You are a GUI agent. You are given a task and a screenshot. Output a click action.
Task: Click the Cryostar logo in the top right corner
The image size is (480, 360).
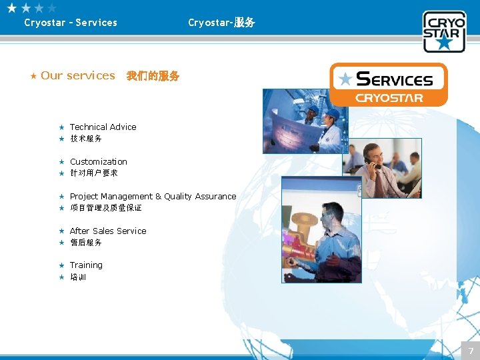coord(443,31)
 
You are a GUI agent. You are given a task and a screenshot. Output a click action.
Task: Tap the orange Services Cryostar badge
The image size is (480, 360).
coord(389,85)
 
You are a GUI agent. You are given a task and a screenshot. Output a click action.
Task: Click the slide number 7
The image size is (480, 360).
coord(470,351)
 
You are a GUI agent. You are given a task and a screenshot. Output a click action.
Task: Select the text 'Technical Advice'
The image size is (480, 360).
coord(103,127)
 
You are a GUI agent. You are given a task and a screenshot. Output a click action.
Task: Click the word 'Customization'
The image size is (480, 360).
coord(98,161)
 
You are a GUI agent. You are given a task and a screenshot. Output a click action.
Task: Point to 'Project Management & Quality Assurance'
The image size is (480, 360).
coord(153,196)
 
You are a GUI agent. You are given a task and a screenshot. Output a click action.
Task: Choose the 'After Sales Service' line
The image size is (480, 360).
coord(108,231)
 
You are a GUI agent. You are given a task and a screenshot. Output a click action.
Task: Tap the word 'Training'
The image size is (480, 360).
coord(86,265)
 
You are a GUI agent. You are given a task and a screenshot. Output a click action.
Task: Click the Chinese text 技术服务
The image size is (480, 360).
coord(86,139)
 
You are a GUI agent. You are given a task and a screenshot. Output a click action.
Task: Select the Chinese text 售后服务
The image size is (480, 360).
coord(86,243)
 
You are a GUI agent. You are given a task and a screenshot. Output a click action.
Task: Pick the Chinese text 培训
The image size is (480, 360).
coord(78,277)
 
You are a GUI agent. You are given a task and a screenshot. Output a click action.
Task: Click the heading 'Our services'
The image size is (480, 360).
coord(78,75)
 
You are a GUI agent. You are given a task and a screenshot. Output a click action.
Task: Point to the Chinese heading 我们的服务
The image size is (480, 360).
coord(153,76)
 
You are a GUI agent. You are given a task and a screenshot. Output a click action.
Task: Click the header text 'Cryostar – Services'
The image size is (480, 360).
coord(71,23)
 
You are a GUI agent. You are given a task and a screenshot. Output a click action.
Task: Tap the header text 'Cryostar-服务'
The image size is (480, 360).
coord(221,23)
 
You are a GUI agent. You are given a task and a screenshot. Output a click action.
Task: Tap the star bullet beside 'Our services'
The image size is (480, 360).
coord(33,76)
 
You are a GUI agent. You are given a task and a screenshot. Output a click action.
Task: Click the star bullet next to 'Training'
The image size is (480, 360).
coord(61,265)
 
